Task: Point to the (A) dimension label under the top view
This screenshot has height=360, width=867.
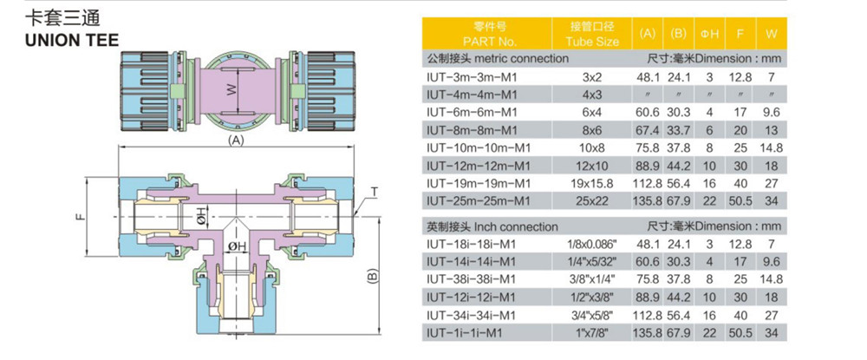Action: pyautogui.click(x=233, y=139)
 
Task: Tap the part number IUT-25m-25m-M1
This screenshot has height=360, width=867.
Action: pyautogui.click(x=478, y=201)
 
